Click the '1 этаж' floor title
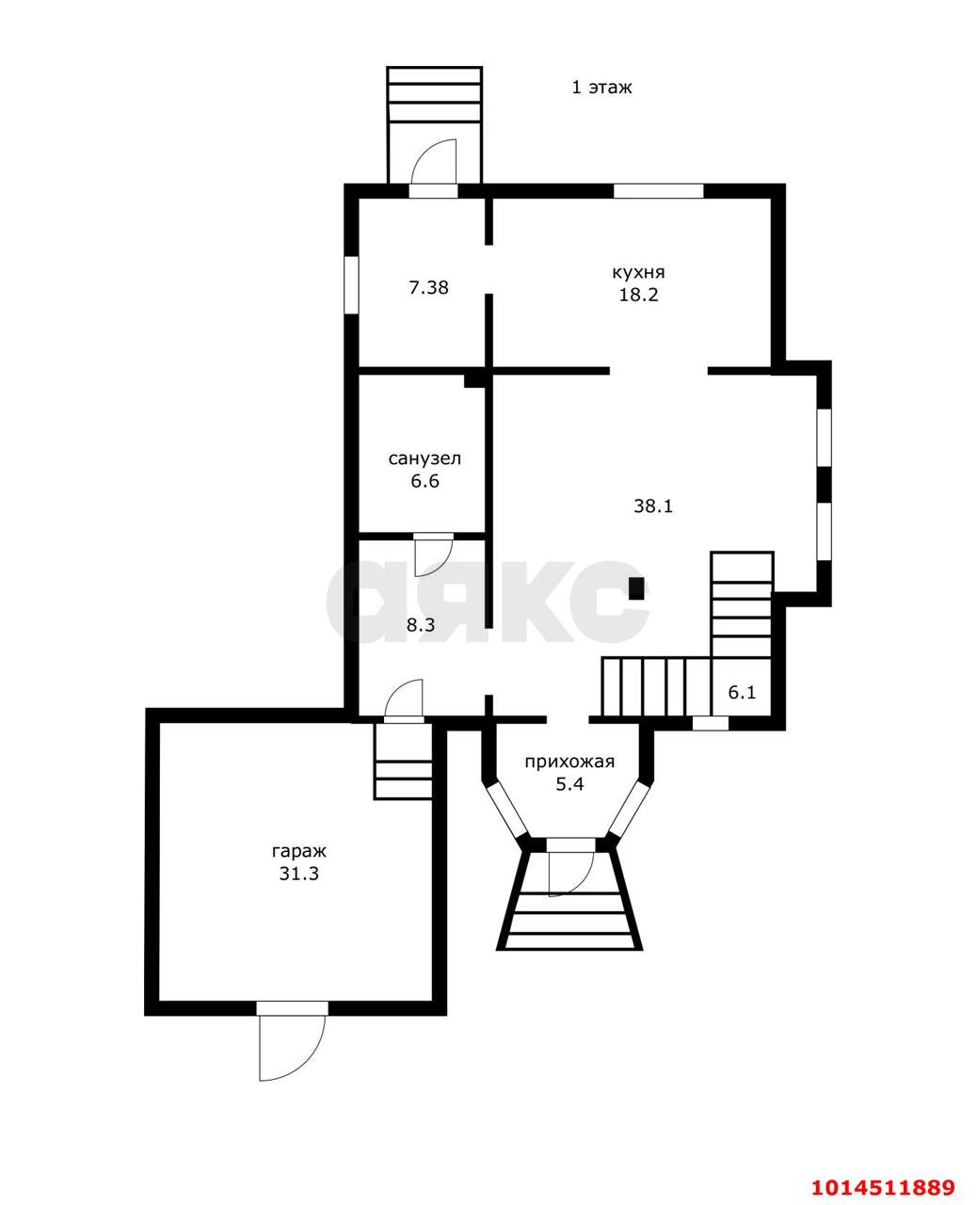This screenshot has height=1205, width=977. coord(601,88)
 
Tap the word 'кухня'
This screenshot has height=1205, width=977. coord(638,273)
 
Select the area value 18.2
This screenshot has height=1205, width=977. coord(638,295)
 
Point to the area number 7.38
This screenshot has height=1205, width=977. coord(428,288)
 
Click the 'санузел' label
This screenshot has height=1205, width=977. coord(424,458)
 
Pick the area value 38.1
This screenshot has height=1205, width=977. coord(653,506)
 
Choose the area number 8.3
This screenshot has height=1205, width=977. coord(421,625)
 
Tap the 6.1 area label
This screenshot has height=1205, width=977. coord(742,692)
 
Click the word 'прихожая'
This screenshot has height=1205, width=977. coord(569,763)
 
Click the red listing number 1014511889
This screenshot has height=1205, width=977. coord(884,1170)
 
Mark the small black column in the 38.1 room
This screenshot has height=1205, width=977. coord(637,588)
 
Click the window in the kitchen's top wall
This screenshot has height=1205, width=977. coord(659,191)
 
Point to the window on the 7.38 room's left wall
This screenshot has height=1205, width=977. coord(352,284)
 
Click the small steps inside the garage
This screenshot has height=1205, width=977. coord(403,762)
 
